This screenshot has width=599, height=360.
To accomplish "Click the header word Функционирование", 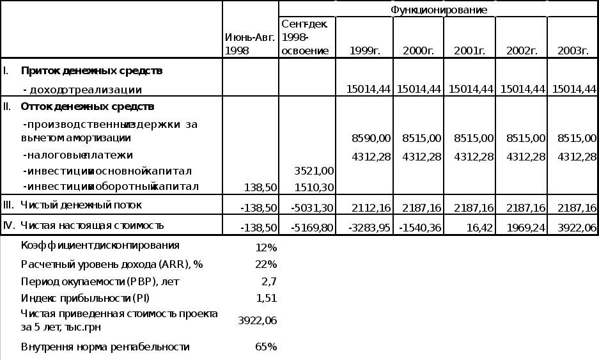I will coord(439,10).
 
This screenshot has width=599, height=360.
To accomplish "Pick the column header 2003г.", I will coord(573,51).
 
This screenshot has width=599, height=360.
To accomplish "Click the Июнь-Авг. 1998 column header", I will coord(250,44).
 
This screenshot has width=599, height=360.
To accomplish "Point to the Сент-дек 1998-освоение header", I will coord(305,37).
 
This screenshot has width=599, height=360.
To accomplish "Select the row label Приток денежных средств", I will coord(91,70).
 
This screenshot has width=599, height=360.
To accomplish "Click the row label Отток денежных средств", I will coord(88,106).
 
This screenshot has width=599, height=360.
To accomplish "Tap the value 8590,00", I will coord(371,137).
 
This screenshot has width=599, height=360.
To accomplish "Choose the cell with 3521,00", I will coord(314,171).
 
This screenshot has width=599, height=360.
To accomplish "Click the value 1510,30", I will coord(314,187).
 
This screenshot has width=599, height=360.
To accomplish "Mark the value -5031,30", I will coord(312,208).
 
